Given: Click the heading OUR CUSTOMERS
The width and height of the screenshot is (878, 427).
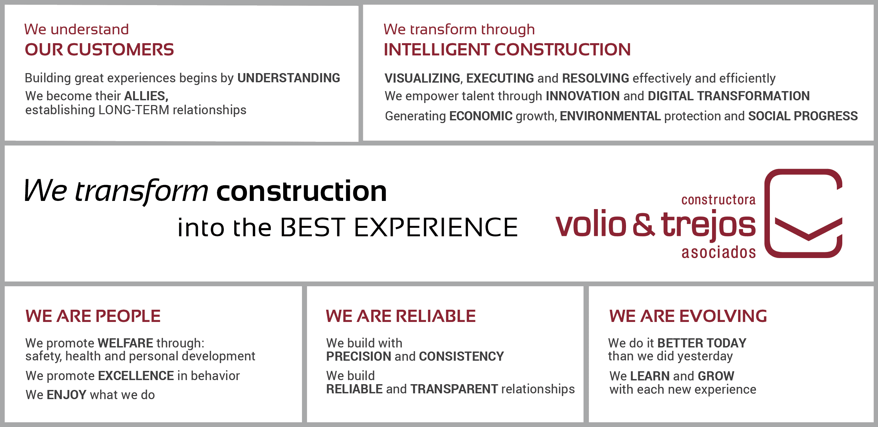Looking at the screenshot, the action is point(99,50).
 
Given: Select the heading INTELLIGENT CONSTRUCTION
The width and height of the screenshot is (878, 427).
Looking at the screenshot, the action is point(507,50).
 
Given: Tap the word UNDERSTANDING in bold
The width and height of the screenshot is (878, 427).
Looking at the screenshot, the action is point(289,78).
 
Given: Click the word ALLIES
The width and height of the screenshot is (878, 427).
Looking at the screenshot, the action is point(146,96).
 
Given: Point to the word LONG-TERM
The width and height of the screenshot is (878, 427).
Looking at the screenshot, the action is point(134,110).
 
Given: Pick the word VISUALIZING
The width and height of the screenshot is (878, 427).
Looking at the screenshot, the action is point(423,79).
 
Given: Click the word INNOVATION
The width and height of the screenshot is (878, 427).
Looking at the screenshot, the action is point(582,96).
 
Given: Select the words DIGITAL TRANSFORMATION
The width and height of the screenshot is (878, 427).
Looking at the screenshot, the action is point(729,96).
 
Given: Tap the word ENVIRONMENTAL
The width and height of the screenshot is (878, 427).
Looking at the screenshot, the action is point(610,116).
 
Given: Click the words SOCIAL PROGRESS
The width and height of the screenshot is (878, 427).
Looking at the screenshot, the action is point(803,116).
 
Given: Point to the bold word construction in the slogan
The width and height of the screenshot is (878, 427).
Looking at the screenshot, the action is point(302,191).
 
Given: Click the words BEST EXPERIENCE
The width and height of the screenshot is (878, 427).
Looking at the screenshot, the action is point(399,227).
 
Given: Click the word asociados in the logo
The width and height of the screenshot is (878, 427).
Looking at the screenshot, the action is point(719,253).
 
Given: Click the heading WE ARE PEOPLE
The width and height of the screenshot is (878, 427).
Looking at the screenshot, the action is point(93,316).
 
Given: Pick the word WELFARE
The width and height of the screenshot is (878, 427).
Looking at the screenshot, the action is point(125,343).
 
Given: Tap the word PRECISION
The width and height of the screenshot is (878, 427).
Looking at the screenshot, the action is point(358,357).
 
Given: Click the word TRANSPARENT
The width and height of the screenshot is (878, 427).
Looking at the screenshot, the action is point(454,389).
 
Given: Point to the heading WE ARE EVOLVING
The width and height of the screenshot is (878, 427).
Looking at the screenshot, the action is point(688,316).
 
